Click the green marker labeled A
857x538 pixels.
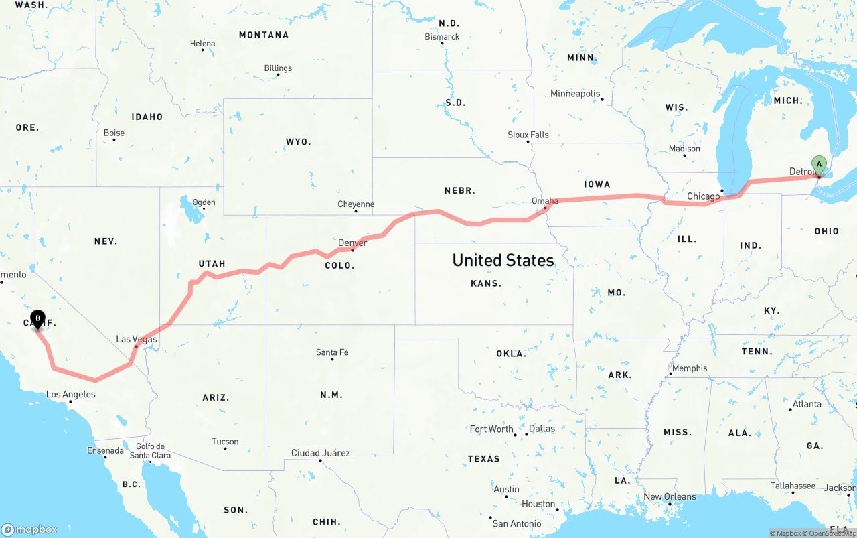coord(818,165)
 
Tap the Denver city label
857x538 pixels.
coord(352,243)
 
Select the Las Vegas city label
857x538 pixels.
coord(137,339)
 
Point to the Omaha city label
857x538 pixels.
coord(544,200)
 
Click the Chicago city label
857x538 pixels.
coord(703,196)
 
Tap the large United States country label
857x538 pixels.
coord(503,260)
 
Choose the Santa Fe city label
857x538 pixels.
coord(332,352)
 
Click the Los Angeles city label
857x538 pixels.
coord(70,394)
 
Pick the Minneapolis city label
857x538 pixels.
coord(575,94)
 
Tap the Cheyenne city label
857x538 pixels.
coord(356,204)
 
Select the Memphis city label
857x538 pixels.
coord(690,368)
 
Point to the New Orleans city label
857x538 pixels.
coord(670,496)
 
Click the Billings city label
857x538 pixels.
coord(278,68)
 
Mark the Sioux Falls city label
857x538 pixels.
coord(528,135)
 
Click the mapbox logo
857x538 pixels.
coord(29,529)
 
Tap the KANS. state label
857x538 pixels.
coord(486,283)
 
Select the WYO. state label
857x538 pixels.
coord(298,142)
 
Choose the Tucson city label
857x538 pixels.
coord(225,442)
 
